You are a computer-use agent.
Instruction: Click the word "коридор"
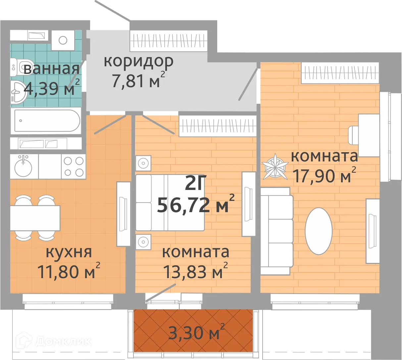pos(138,62)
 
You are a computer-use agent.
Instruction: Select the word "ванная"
pos(51,69)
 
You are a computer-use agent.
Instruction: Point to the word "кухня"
pos(69,252)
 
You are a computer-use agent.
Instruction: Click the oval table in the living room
pos(318,231)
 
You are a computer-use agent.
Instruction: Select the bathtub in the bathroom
pos(45,121)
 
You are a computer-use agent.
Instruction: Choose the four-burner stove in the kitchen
pos(74,166)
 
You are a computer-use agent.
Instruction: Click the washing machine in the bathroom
pos(63,40)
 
